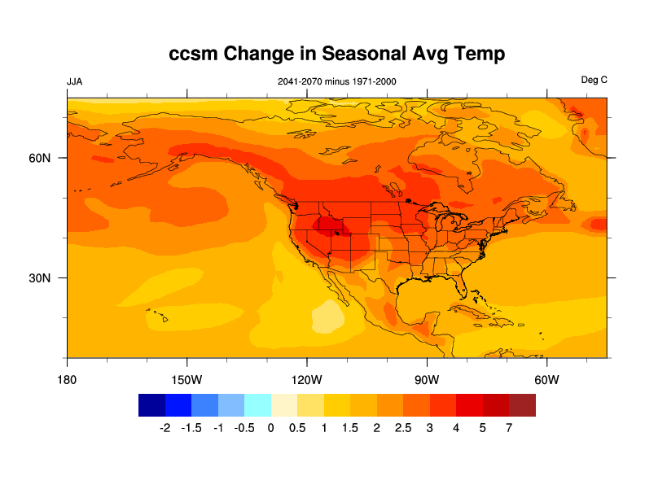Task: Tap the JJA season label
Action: [x=74, y=81]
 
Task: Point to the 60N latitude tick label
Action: [x=41, y=158]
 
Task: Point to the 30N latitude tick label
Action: [x=41, y=278]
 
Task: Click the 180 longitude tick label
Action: [x=67, y=380]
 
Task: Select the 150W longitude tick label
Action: [x=186, y=380]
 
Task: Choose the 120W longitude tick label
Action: [x=306, y=380]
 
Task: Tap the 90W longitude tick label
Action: [x=426, y=380]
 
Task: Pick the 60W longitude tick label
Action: [x=546, y=380]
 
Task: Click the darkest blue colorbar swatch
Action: [x=152, y=405]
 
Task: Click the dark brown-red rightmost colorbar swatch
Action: [x=522, y=405]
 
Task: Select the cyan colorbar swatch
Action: [x=257, y=405]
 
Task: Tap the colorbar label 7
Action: [x=509, y=428]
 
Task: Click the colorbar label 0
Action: [x=270, y=428]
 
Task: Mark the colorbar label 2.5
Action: [x=403, y=428]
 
